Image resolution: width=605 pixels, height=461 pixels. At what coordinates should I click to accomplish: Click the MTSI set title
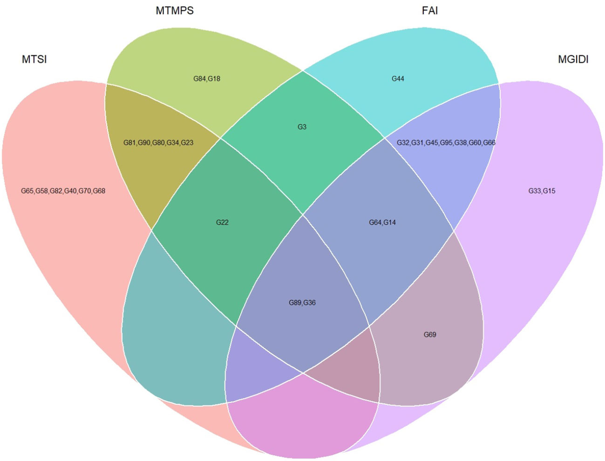(x=34, y=59)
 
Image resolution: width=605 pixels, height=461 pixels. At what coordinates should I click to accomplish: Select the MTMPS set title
(x=175, y=10)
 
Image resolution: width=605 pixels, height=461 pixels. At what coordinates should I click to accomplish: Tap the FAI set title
(x=429, y=10)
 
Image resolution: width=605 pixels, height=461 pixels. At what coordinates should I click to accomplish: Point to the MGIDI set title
(x=573, y=59)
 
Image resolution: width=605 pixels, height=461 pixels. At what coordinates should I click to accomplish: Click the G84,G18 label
(x=207, y=79)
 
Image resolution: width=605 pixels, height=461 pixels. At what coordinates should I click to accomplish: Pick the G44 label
(x=398, y=79)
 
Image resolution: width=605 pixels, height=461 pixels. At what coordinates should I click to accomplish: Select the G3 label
(x=302, y=127)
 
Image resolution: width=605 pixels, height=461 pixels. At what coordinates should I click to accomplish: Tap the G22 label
(x=222, y=222)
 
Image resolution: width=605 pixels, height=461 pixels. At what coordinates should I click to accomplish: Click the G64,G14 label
(x=382, y=222)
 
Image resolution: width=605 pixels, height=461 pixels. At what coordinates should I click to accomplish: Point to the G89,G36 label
(x=302, y=303)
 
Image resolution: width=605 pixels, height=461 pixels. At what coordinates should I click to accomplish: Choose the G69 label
(x=430, y=335)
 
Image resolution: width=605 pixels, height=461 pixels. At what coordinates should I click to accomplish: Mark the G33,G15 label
(x=542, y=191)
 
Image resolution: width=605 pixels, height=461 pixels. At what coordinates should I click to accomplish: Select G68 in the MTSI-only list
(x=99, y=191)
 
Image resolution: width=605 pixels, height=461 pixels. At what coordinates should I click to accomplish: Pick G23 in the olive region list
(x=187, y=143)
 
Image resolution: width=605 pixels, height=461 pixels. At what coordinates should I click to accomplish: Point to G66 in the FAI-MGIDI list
(x=489, y=143)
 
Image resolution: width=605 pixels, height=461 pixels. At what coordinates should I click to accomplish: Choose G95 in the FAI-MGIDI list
(x=446, y=143)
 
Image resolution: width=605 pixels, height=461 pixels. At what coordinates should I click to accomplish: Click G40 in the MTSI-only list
(x=70, y=191)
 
